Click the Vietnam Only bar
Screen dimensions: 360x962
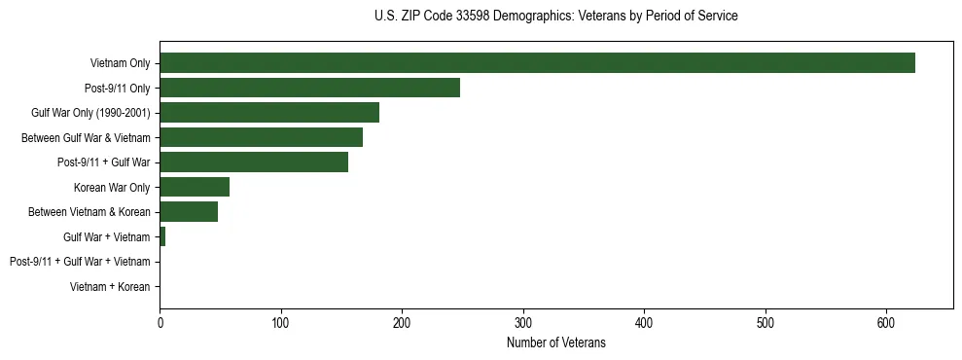tap(537, 63)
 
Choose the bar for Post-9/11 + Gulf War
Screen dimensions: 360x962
tap(254, 162)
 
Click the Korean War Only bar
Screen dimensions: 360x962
tap(195, 187)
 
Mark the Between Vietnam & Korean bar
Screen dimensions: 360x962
tap(189, 212)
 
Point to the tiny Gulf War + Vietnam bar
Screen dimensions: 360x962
tap(162, 236)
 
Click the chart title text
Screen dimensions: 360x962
tap(555, 17)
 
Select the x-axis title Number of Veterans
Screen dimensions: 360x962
tap(555, 342)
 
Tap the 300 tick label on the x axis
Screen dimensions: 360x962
tap(523, 323)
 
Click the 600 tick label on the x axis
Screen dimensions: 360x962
tap(886, 323)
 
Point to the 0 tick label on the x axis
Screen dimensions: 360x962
tap(160, 323)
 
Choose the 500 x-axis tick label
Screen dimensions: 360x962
tap(766, 323)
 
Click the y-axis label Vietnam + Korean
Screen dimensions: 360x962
tap(110, 287)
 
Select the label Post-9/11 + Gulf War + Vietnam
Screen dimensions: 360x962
tap(80, 262)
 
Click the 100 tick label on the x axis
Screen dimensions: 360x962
tap(281, 323)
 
